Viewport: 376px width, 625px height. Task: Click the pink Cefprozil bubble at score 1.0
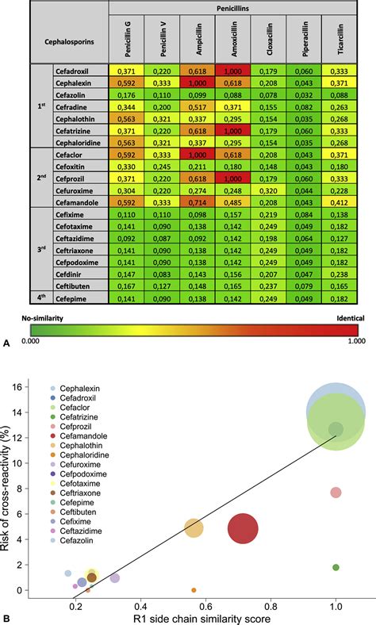click(x=336, y=493)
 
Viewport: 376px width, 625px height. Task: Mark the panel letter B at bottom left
click(x=7, y=617)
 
